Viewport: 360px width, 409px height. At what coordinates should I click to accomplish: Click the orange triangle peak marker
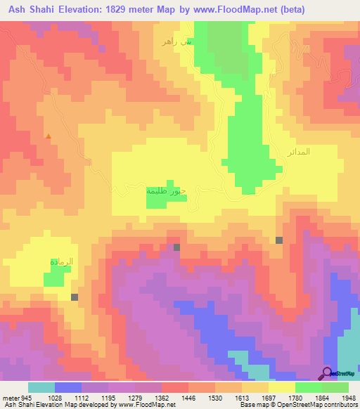click(x=48, y=136)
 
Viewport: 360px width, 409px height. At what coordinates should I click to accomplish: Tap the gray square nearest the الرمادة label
click(x=75, y=297)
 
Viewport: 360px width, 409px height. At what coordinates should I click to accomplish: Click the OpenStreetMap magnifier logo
click(x=327, y=373)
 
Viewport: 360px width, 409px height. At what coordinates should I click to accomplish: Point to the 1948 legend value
click(x=347, y=398)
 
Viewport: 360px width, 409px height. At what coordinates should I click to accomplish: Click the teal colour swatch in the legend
click(x=41, y=387)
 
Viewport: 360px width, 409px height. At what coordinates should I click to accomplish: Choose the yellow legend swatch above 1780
click(x=281, y=387)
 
